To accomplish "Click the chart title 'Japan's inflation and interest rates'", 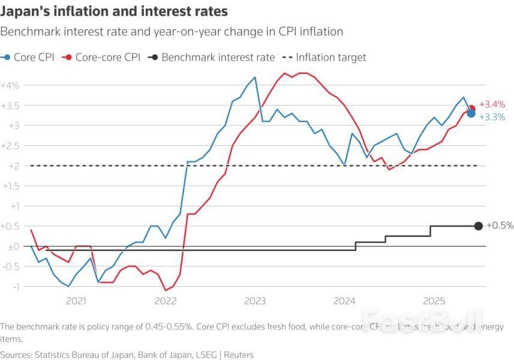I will [x=114, y=12].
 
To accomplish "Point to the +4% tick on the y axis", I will [x=10, y=85].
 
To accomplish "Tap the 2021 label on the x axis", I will [x=77, y=301].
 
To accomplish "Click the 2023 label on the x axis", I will [x=256, y=301].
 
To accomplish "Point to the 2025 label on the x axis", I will [x=433, y=301].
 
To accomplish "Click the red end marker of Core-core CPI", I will [x=472, y=109].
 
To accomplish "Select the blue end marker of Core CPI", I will [x=471, y=113].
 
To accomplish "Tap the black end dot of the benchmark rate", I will [x=478, y=226].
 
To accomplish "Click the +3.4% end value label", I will [x=492, y=104].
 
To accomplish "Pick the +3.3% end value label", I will [x=492, y=117].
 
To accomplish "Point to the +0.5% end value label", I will [x=500, y=226].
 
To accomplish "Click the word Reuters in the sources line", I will [x=238, y=355].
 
